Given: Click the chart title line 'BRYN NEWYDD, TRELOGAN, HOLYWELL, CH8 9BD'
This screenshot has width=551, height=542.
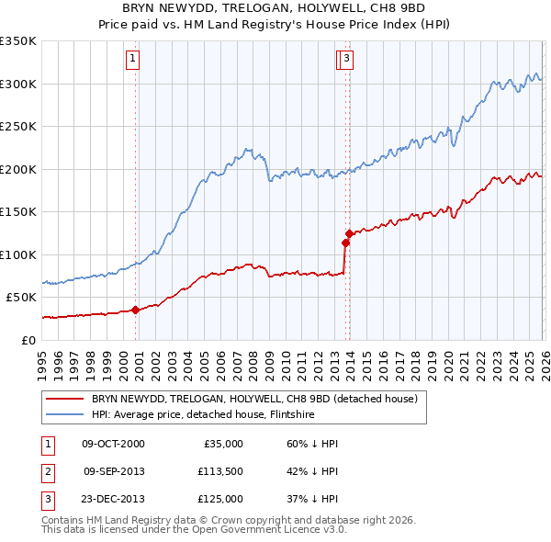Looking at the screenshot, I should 275,8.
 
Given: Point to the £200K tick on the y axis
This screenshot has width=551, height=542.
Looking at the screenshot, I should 18,169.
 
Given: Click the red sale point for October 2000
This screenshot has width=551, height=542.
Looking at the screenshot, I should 135,310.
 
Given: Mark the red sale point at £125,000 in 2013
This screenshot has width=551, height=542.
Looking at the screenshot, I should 349,233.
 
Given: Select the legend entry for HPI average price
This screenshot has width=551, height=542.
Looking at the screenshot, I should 206,413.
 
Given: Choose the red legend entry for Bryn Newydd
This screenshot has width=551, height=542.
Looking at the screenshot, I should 254,399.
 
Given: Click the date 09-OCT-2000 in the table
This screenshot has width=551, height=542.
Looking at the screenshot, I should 113,444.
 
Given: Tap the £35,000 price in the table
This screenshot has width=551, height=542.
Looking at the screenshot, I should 222,444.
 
